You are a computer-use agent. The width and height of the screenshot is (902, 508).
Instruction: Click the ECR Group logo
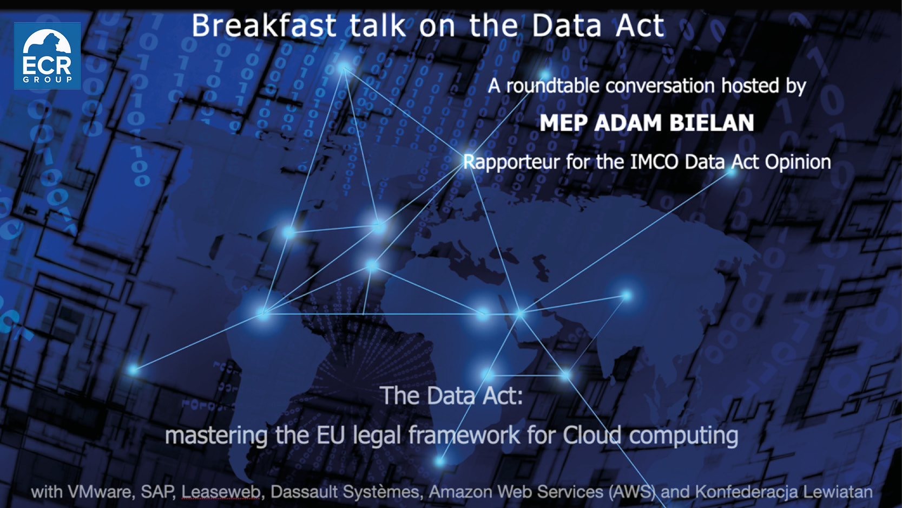pos(47,56)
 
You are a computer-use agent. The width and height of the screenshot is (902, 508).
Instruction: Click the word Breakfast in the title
pos(264,26)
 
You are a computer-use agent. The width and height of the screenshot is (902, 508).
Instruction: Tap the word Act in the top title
pos(642,26)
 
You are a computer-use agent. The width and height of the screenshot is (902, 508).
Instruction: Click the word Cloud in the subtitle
pos(592,435)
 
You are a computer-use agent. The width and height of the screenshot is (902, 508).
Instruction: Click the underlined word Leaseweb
pos(221,492)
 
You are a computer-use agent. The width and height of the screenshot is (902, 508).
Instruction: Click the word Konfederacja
pos(746,492)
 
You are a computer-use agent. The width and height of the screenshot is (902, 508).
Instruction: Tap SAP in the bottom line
pos(157,492)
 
